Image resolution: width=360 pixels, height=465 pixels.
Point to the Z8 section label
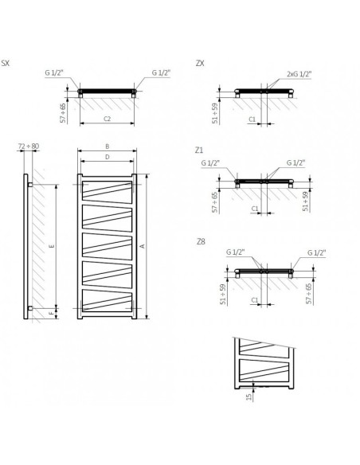[201, 240]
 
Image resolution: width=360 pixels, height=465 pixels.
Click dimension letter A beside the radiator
[142, 247]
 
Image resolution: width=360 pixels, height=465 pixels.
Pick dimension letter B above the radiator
[108, 147]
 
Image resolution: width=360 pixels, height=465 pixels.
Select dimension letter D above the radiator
[108, 157]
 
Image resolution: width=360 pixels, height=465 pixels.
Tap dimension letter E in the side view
[52, 247]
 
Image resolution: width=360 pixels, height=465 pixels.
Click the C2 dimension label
[108, 119]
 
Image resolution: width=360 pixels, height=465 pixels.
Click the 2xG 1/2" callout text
[299, 73]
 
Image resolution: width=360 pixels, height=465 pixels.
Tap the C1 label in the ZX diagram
[252, 119]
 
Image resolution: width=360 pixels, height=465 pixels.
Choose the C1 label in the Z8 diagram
[252, 301]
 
